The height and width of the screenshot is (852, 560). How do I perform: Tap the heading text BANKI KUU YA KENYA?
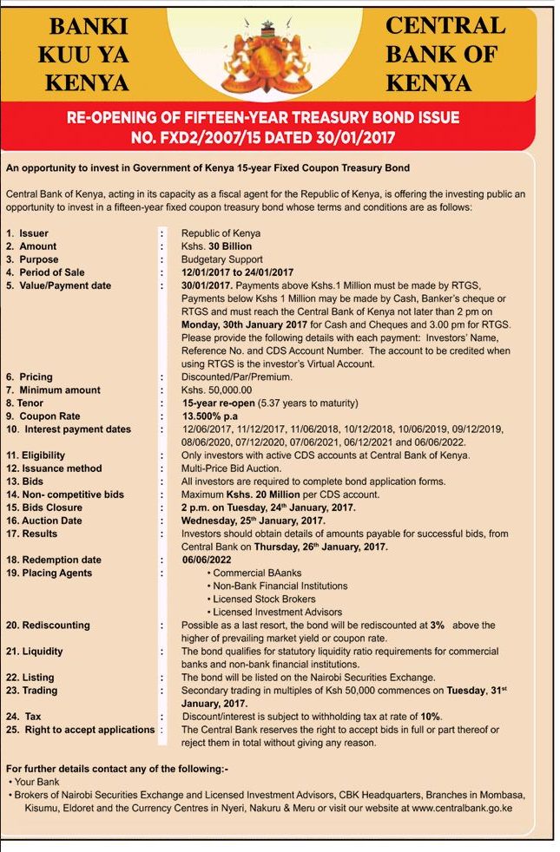pos(84,54)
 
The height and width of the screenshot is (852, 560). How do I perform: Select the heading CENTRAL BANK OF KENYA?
pos(445,54)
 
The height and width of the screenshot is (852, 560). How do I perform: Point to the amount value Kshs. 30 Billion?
pos(217,246)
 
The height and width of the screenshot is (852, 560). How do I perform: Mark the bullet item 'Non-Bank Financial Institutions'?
pos(280,586)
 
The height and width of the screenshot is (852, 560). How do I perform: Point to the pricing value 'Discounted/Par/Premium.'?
pos(237,377)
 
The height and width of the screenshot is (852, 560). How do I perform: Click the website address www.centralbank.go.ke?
pos(462,807)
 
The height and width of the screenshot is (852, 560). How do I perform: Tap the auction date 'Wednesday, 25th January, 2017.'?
pos(253,521)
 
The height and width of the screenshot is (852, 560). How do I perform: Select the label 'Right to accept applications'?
pos(89,730)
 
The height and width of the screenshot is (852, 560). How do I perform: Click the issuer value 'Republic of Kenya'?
pos(221,233)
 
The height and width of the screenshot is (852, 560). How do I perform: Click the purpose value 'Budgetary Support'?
pos(221,259)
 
